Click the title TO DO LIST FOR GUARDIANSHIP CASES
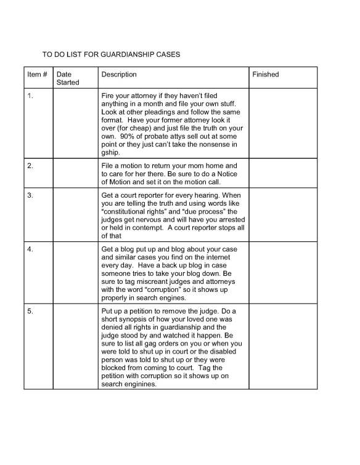(x=111, y=54)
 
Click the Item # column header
(x=37, y=75)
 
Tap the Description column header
(x=119, y=75)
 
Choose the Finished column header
(x=266, y=75)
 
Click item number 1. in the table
(x=30, y=95)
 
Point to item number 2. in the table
(x=30, y=166)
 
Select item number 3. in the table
(x=30, y=196)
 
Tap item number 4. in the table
(x=30, y=248)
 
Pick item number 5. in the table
(x=30, y=312)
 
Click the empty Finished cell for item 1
(x=283, y=123)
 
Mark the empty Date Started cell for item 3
(x=76, y=216)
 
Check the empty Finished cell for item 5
(x=283, y=347)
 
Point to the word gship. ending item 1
(x=111, y=152)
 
